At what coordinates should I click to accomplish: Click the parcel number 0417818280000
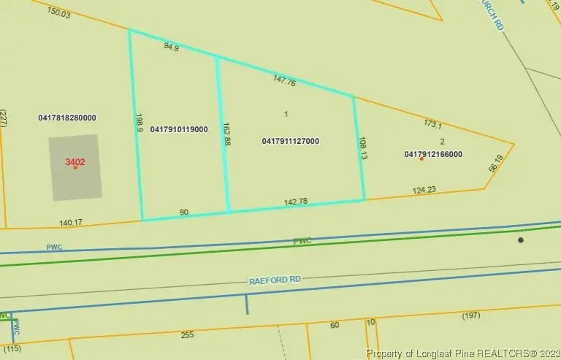click(67, 118)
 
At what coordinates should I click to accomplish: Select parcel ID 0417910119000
click(179, 129)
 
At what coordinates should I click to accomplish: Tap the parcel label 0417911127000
click(290, 141)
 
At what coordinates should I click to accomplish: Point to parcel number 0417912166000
click(433, 154)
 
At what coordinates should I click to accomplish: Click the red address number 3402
click(75, 162)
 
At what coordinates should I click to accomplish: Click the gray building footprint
click(75, 179)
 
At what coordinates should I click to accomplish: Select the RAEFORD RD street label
click(275, 279)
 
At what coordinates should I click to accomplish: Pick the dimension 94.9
click(171, 47)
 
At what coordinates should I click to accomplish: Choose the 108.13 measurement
click(362, 147)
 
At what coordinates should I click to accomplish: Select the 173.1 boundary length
click(434, 124)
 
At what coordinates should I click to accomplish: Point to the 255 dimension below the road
click(187, 334)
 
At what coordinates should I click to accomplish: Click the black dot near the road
click(521, 240)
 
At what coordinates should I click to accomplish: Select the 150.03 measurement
click(59, 12)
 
